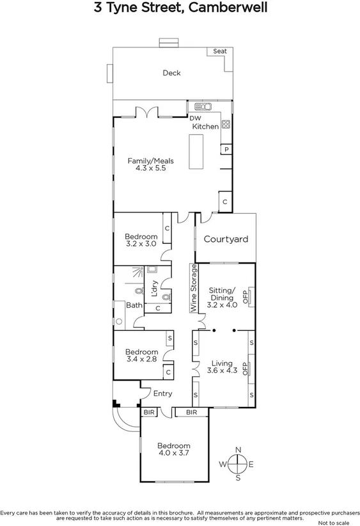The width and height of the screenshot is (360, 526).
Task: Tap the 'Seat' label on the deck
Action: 220,51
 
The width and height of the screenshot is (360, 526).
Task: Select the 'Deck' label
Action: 171,73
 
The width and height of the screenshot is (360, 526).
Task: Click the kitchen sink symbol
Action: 204,106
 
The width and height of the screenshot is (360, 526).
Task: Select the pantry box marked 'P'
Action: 226,149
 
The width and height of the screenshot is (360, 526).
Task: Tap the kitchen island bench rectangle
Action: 196,154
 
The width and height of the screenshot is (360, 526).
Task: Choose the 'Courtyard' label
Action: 226,239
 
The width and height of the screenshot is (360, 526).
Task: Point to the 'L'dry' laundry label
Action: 153,289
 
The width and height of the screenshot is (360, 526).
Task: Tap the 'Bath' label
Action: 134,305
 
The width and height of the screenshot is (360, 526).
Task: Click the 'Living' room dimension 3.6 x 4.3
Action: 223,372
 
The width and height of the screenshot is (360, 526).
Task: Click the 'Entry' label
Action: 162,394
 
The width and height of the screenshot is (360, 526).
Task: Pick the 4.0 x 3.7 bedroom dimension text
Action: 175,454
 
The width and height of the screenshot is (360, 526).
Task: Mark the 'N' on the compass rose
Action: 238,449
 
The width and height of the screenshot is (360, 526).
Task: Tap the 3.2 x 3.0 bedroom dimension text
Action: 141,244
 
